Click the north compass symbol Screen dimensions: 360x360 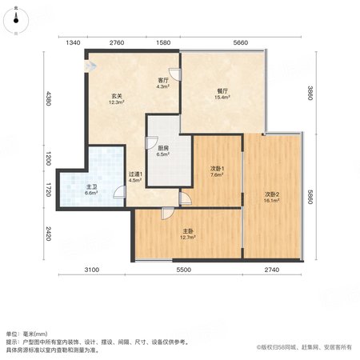[16, 21]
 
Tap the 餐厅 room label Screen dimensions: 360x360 [222, 91]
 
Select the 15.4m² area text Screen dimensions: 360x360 [222, 98]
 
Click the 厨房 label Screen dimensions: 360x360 [163, 148]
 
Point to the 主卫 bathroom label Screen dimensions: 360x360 [91, 187]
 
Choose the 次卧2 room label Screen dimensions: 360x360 [272, 194]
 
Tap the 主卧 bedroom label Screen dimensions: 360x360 [188, 231]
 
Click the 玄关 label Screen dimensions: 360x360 [117, 96]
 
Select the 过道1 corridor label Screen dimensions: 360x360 [135, 174]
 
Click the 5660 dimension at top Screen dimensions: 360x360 [241, 42]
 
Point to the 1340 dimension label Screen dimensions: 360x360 [73, 42]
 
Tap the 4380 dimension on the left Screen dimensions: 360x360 [48, 98]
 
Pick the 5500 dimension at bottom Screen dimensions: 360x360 [184, 270]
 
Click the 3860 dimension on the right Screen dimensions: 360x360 [310, 93]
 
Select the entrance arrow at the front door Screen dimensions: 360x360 [91, 66]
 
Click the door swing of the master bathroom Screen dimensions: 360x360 [119, 192]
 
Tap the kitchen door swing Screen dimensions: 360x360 [151, 142]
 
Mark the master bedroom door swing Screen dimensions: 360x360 [168, 214]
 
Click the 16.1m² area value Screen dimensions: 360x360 [272, 200]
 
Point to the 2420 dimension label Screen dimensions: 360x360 [48, 234]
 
